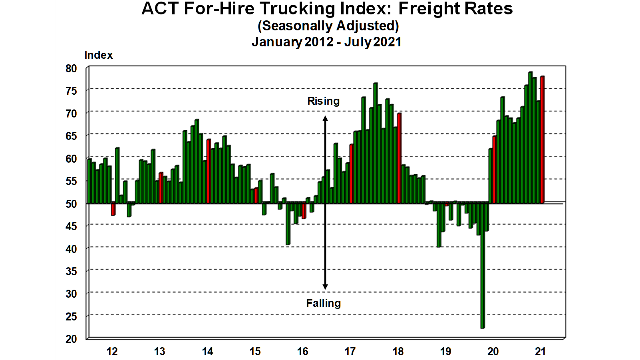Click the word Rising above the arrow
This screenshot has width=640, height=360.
coord(323,101)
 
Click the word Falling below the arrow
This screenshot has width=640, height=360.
coord(323,303)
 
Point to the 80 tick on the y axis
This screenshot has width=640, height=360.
coord(71,68)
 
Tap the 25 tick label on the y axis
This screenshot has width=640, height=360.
coord(71,316)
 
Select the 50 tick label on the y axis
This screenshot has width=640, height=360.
coord(71,204)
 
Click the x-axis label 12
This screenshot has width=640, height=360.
coord(112,352)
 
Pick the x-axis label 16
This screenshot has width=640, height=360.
coord(302,352)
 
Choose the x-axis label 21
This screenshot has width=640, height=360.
coord(540,352)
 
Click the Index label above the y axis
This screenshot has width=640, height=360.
coord(99,55)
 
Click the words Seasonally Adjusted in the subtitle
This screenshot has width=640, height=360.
coord(328,26)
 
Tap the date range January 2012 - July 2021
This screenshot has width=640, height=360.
coord(326,42)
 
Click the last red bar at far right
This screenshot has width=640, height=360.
coord(542,140)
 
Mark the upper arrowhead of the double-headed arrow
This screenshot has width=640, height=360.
coord(325,119)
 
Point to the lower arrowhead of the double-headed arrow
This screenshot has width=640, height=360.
coord(325,286)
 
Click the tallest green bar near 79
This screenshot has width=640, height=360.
coord(530,138)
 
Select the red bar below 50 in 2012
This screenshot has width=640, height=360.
coord(113,209)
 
